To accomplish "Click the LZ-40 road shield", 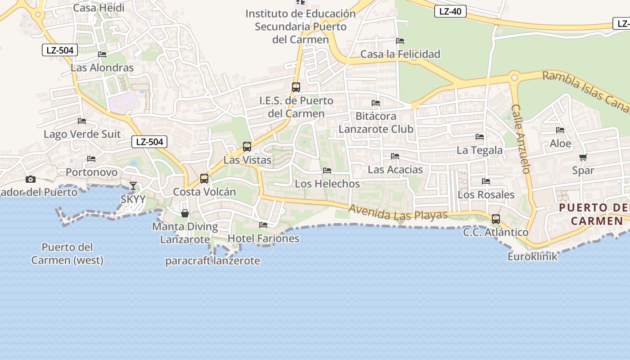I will click(x=450, y=11).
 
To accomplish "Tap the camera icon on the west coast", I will click(x=31, y=179).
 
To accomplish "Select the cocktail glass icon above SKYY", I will click(x=133, y=185).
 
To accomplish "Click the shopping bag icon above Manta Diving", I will click(x=184, y=213).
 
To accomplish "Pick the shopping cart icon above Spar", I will click(x=583, y=157).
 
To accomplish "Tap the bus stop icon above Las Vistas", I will click(x=247, y=146).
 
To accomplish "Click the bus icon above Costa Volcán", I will click(x=204, y=179).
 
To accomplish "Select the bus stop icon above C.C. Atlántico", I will click(x=496, y=219).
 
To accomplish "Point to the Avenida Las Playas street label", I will click(x=398, y=213).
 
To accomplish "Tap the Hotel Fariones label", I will click(x=264, y=238).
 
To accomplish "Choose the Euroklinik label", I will click(x=532, y=256).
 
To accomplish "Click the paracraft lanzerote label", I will click(x=212, y=261).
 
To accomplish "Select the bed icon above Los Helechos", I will click(x=327, y=171).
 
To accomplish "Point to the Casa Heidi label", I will click(x=99, y=8).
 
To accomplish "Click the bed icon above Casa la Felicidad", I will click(x=400, y=41).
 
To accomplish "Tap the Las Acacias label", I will click(x=395, y=170).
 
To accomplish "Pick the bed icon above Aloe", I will click(x=560, y=130).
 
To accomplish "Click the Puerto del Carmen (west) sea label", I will click(x=67, y=253).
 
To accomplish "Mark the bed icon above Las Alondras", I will click(x=102, y=54).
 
